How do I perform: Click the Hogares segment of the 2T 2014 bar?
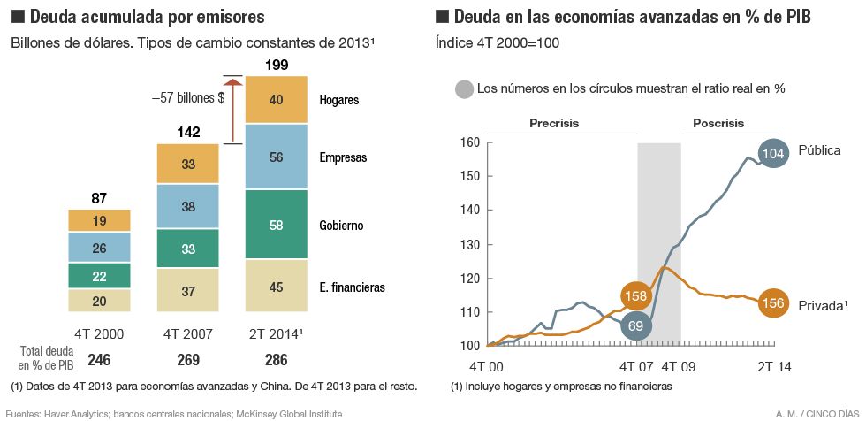276,100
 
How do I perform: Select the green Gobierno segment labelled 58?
276,226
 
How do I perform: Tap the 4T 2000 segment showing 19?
99,221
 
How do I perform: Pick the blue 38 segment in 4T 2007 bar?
187,207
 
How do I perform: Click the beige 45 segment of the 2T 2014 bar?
276,286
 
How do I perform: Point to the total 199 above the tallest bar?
276,65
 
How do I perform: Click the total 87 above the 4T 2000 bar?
99,198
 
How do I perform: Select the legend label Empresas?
343,158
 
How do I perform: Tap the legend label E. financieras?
353,287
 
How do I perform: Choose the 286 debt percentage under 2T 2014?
276,360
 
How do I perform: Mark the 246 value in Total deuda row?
99,360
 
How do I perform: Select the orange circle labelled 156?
773,302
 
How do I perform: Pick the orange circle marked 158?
637,295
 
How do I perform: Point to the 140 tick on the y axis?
469,210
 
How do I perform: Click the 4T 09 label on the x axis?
680,367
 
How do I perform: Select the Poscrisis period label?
718,123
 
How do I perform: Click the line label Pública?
819,149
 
